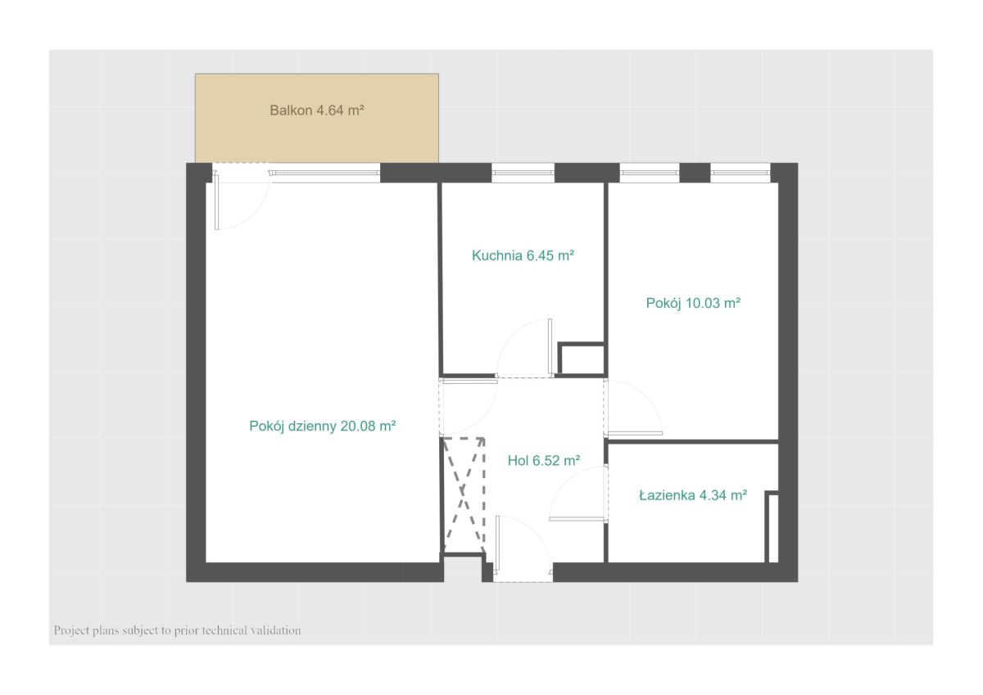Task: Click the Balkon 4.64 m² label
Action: pyautogui.click(x=317, y=110)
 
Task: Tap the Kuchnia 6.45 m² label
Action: pyautogui.click(x=523, y=255)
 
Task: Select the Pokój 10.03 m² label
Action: pyautogui.click(x=693, y=303)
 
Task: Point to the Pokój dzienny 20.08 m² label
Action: pyautogui.click(x=323, y=426)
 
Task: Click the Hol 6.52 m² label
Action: pyautogui.click(x=544, y=460)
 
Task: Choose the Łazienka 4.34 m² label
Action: pyautogui.click(x=693, y=495)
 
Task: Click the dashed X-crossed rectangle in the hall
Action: pyautogui.click(x=464, y=495)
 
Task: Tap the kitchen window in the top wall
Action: pyautogui.click(x=523, y=173)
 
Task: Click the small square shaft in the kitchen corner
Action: pyautogui.click(x=581, y=359)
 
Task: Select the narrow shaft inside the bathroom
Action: pyautogui.click(x=772, y=526)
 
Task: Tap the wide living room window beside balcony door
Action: pyautogui.click(x=324, y=173)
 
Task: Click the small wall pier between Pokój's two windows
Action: pyautogui.click(x=695, y=173)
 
